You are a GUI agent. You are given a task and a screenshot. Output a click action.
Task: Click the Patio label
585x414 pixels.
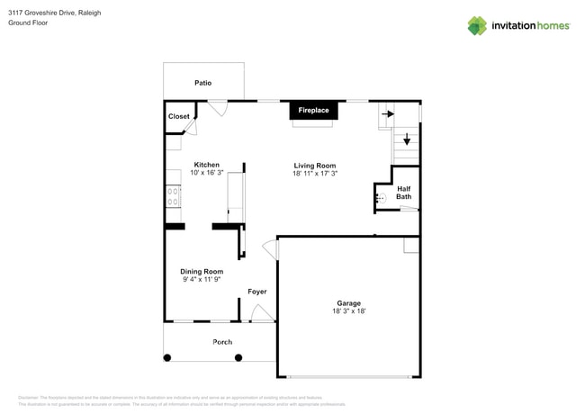pyautogui.click(x=202, y=83)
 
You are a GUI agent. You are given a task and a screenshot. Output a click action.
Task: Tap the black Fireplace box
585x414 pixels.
pyautogui.click(x=313, y=111)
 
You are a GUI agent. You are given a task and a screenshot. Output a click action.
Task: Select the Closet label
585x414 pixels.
pyautogui.click(x=179, y=117)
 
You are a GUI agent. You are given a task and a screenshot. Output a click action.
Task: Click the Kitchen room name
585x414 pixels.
pyautogui.click(x=206, y=165)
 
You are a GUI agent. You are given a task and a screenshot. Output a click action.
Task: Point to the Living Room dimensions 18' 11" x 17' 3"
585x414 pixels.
pyautogui.click(x=314, y=174)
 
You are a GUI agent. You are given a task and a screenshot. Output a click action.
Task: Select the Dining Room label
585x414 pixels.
pyautogui.click(x=202, y=271)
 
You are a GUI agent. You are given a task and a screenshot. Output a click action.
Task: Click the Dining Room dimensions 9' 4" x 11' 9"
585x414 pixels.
pyautogui.click(x=202, y=280)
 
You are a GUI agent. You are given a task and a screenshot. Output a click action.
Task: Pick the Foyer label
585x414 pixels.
pyautogui.click(x=257, y=292)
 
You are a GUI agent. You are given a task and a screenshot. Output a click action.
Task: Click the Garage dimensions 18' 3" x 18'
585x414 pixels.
pyautogui.click(x=348, y=311)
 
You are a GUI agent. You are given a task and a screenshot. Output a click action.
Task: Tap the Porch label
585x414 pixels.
pyautogui.click(x=221, y=342)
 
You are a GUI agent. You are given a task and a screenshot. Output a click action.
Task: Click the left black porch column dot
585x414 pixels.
pyautogui.click(x=167, y=357)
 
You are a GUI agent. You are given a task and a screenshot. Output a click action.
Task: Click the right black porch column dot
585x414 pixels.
pyautogui.click(x=238, y=357)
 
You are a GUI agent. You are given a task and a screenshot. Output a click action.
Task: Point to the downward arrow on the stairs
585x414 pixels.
pyautogui.click(x=406, y=139)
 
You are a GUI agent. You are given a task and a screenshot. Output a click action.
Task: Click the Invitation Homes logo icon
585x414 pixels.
pyautogui.click(x=477, y=25)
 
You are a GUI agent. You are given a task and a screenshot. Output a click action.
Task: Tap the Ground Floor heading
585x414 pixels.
pyautogui.click(x=28, y=23)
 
